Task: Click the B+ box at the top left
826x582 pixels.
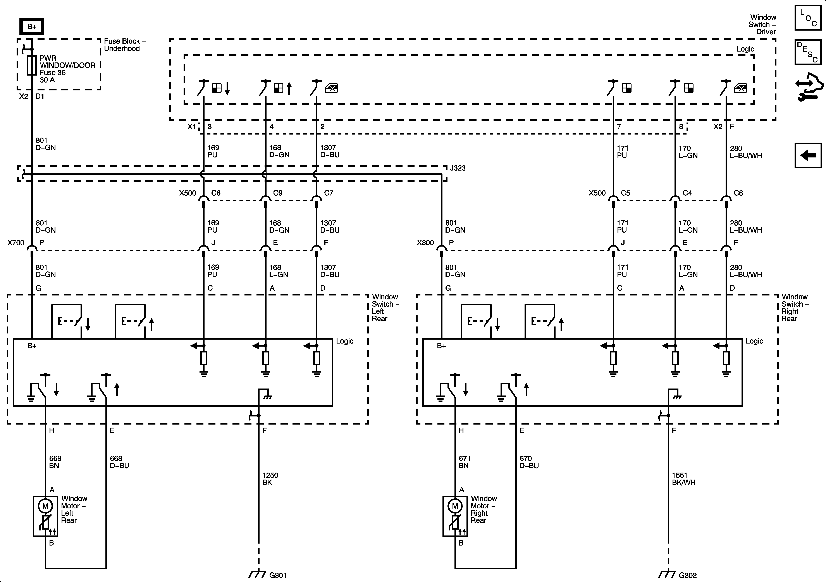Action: coord(32,26)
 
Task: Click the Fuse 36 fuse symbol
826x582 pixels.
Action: coord(32,65)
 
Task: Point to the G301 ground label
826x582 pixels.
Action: coord(278,575)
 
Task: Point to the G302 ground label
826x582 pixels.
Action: coord(687,575)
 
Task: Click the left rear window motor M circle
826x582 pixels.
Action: coord(45,506)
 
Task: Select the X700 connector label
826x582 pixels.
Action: coord(16,243)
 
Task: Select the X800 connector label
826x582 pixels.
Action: coord(425,243)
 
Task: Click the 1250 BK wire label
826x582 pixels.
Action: coord(270,479)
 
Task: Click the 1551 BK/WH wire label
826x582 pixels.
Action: coord(683,479)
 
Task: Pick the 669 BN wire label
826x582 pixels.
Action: coord(55,462)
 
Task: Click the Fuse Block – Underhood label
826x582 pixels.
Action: coord(124,45)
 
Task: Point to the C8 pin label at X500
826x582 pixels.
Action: coord(216,193)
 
